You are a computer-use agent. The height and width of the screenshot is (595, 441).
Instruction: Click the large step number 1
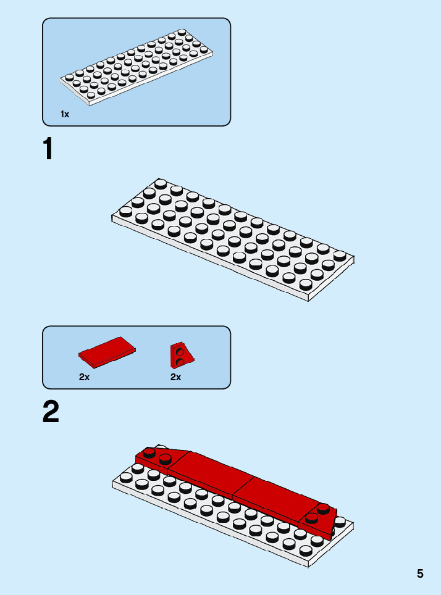tap(48, 149)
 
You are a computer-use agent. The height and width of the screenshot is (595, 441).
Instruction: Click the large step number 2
tap(51, 412)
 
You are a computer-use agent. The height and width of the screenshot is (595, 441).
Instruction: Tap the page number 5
tap(420, 573)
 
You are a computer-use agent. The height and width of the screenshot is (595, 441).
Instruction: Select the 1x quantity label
tap(65, 114)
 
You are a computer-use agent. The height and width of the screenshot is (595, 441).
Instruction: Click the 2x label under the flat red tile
tap(85, 377)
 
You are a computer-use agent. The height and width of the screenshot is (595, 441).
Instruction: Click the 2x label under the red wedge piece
tap(176, 377)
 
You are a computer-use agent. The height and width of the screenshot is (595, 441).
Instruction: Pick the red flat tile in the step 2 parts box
tap(107, 351)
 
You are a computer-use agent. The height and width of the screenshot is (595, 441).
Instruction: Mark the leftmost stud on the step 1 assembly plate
tap(125, 212)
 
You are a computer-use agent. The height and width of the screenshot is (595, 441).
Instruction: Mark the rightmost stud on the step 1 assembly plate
tap(340, 255)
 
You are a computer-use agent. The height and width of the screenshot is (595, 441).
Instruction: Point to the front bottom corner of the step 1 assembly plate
tap(308, 300)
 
